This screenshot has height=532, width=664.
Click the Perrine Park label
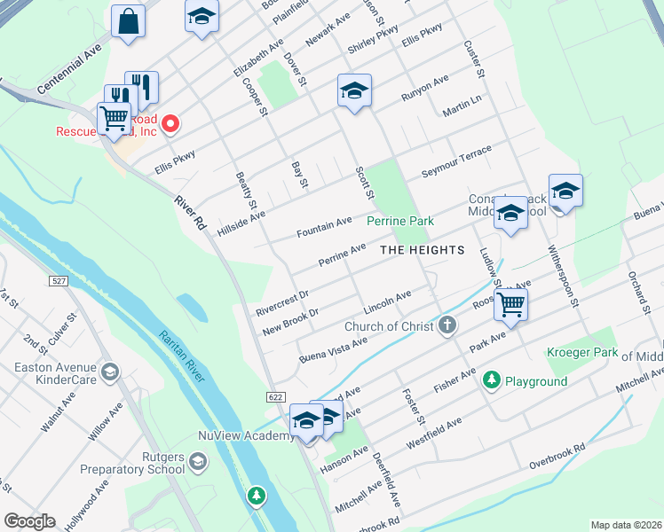pos(400,220)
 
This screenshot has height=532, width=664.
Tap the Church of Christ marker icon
pos(447,325)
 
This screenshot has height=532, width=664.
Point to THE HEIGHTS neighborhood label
pos(423,250)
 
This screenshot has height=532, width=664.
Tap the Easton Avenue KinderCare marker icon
pos(111,371)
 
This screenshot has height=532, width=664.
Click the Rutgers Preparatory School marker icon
pos(198,461)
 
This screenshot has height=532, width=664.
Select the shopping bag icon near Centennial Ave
pos(129,20)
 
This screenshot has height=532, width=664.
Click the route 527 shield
pos(58,280)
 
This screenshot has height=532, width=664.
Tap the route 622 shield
pos(275,398)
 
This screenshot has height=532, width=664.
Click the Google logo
pos(29,521)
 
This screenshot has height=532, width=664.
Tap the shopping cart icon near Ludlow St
pos(510,304)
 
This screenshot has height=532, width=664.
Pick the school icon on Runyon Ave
pos(354,90)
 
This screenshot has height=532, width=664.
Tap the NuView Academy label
pos(246,435)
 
